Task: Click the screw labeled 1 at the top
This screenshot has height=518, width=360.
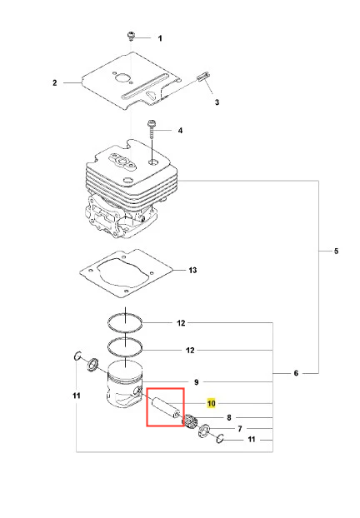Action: (131, 36)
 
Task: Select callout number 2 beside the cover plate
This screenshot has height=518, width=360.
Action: (55, 82)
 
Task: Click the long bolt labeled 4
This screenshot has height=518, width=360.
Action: (152, 130)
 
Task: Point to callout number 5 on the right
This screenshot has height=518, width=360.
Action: (336, 251)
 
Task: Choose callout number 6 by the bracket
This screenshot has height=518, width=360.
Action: (296, 373)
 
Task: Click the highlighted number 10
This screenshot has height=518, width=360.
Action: (211, 403)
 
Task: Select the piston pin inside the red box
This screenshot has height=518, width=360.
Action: (166, 408)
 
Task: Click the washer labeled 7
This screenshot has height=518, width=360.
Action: (204, 431)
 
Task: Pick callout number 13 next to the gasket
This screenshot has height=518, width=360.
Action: (192, 270)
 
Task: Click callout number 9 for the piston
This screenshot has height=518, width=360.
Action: (197, 382)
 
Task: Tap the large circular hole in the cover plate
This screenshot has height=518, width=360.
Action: (121, 80)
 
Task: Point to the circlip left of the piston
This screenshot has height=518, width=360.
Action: (77, 356)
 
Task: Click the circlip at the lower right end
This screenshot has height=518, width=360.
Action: (220, 438)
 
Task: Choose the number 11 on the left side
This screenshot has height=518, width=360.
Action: (77, 396)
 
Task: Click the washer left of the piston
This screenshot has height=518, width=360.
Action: (92, 365)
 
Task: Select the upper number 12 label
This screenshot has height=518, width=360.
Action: (181, 323)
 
